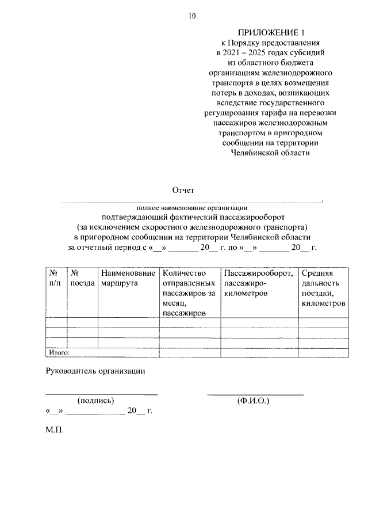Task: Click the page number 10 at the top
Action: pyautogui.click(x=192, y=16)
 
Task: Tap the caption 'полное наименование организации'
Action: pyautogui.click(x=191, y=207)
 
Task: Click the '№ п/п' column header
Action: pyautogui.click(x=55, y=278)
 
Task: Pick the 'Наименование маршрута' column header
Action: pyautogui.click(x=128, y=278)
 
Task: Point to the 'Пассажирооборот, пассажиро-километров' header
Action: pyautogui.click(x=259, y=283)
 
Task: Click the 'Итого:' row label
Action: pyautogui.click(x=59, y=352)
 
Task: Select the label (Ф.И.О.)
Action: pyautogui.click(x=252, y=400)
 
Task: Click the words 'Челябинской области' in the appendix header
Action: pyautogui.click(x=270, y=153)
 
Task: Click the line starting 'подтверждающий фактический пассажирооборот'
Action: pyautogui.click(x=192, y=217)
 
